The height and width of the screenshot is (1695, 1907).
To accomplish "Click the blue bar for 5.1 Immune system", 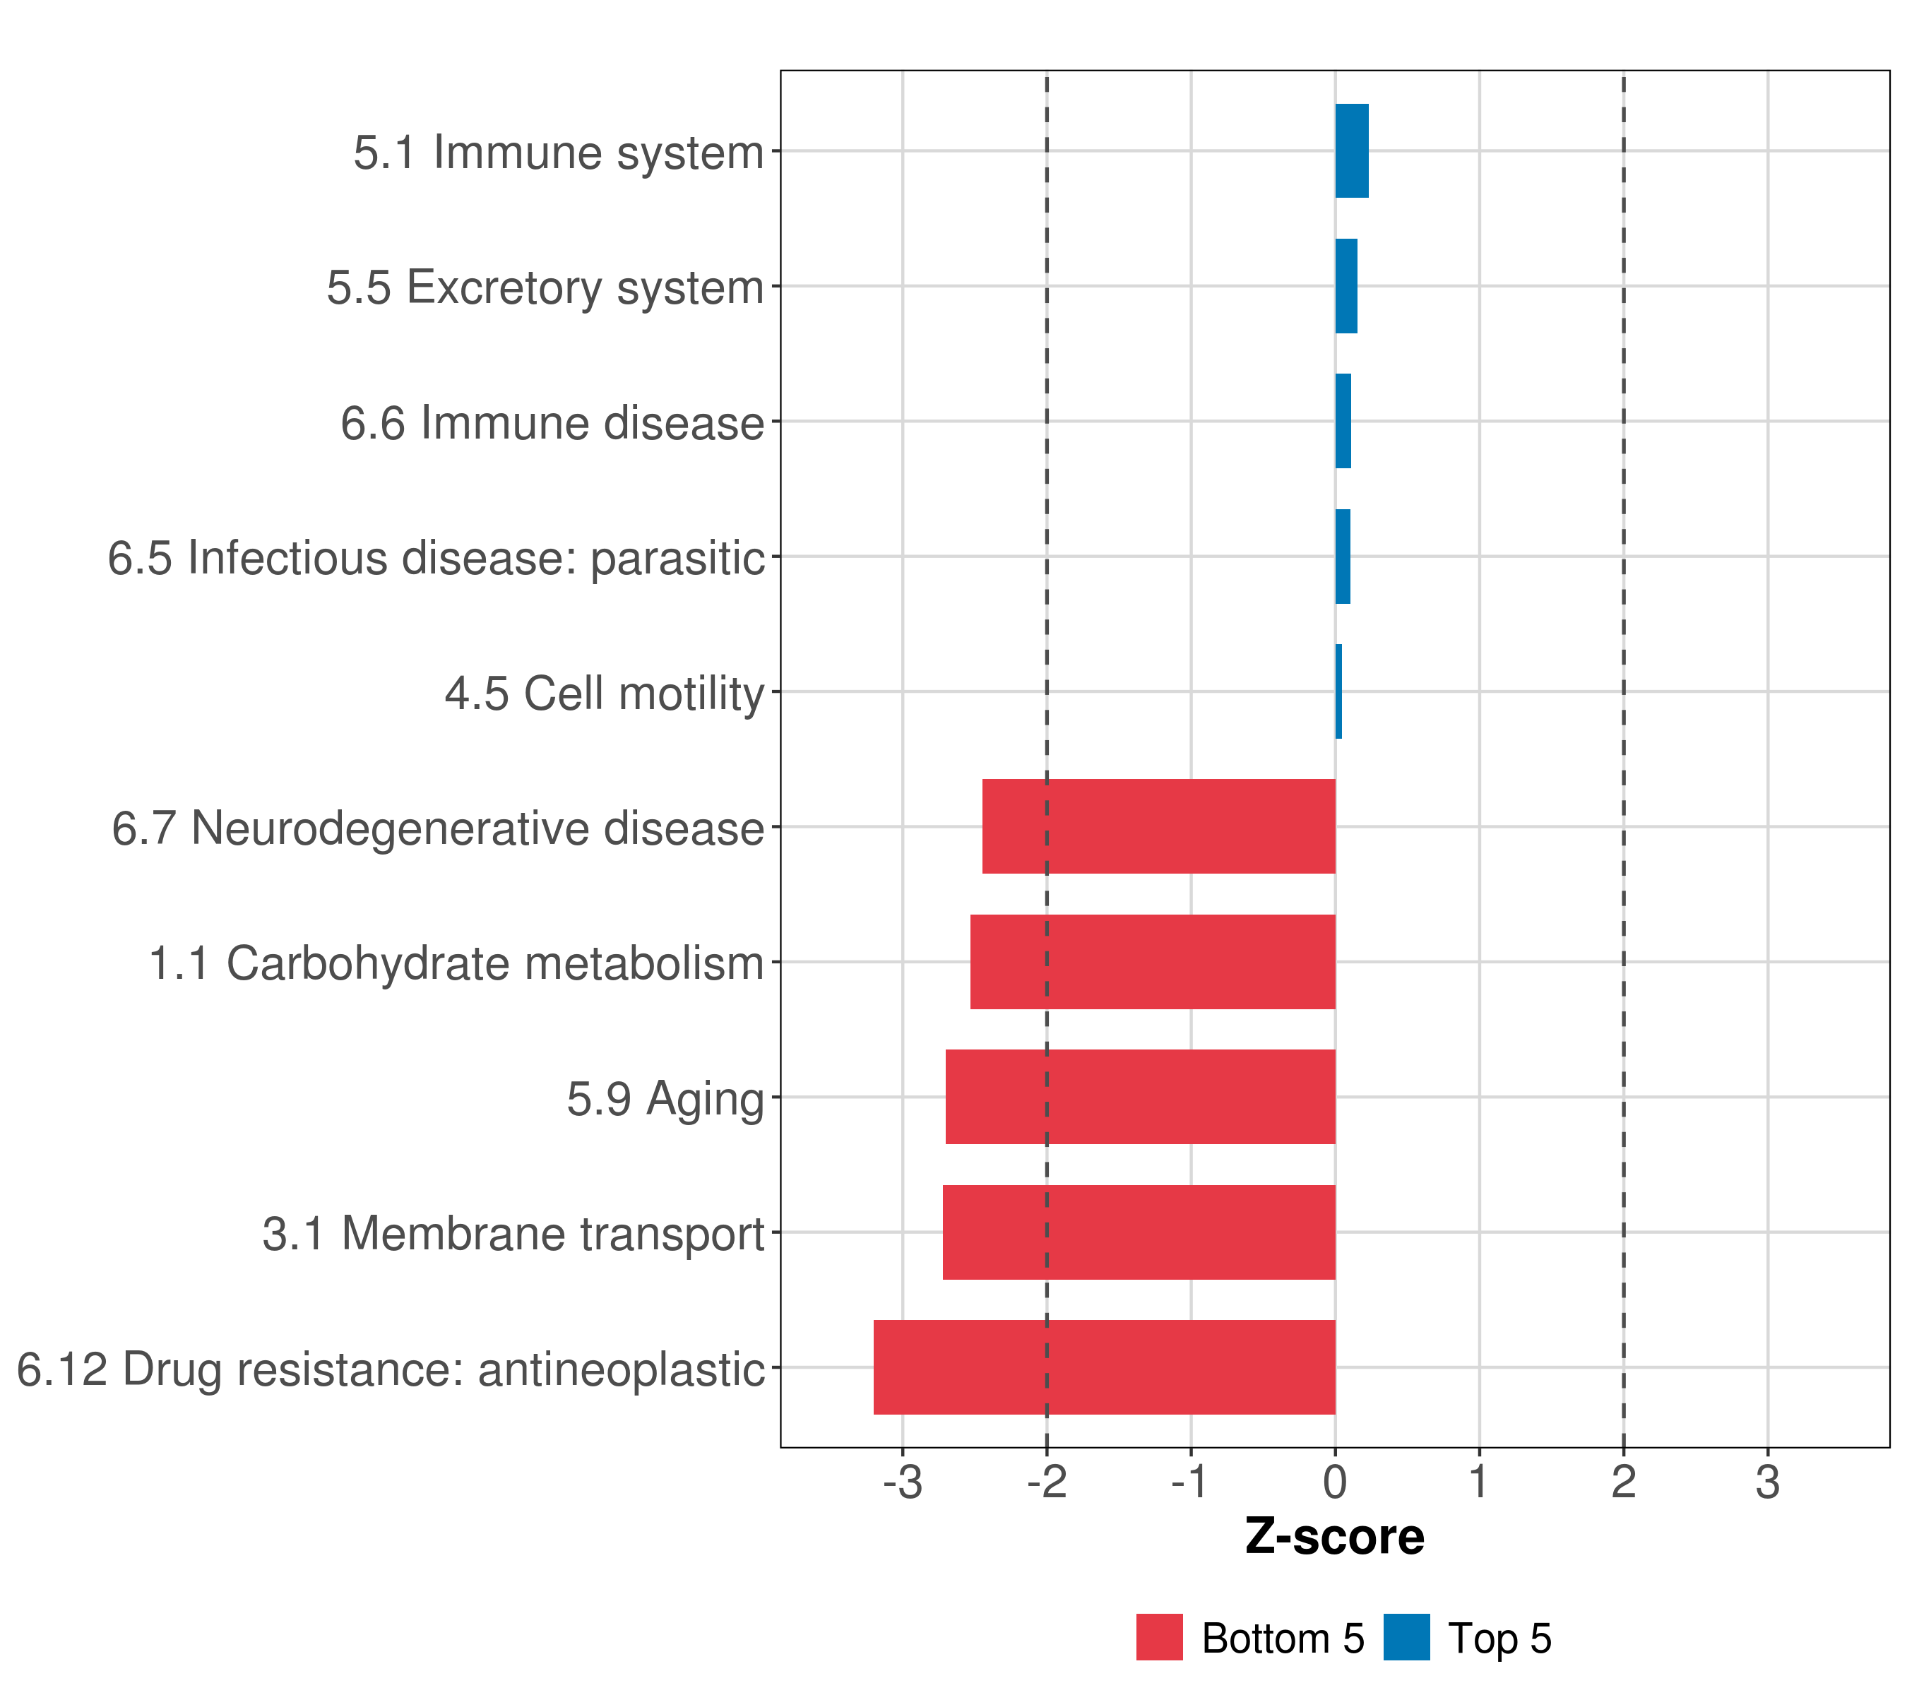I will (x=1351, y=151).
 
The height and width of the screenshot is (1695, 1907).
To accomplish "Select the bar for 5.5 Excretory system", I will (x=1345, y=287).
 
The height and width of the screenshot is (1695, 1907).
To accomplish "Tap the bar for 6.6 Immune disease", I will (x=1343, y=422).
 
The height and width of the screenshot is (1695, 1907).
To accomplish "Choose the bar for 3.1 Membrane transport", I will (x=1139, y=1232).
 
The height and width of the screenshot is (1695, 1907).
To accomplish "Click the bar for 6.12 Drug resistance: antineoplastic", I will (x=1104, y=1367).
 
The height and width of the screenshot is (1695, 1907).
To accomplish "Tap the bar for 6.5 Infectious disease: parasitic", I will (x=1343, y=557).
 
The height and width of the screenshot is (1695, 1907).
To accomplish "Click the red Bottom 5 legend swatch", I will (x=1159, y=1637).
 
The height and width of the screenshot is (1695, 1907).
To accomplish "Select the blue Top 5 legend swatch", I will (x=1406, y=1637).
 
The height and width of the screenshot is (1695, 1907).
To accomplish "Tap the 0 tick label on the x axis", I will (x=1335, y=1482).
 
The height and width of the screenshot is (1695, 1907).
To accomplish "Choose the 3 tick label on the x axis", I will (x=1767, y=1482).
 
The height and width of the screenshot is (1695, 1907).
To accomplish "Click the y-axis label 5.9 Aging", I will (x=665, y=1099).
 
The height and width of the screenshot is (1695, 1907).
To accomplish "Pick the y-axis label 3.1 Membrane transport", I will (x=513, y=1234).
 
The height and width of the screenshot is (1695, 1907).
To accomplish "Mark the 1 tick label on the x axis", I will (x=1479, y=1482).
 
